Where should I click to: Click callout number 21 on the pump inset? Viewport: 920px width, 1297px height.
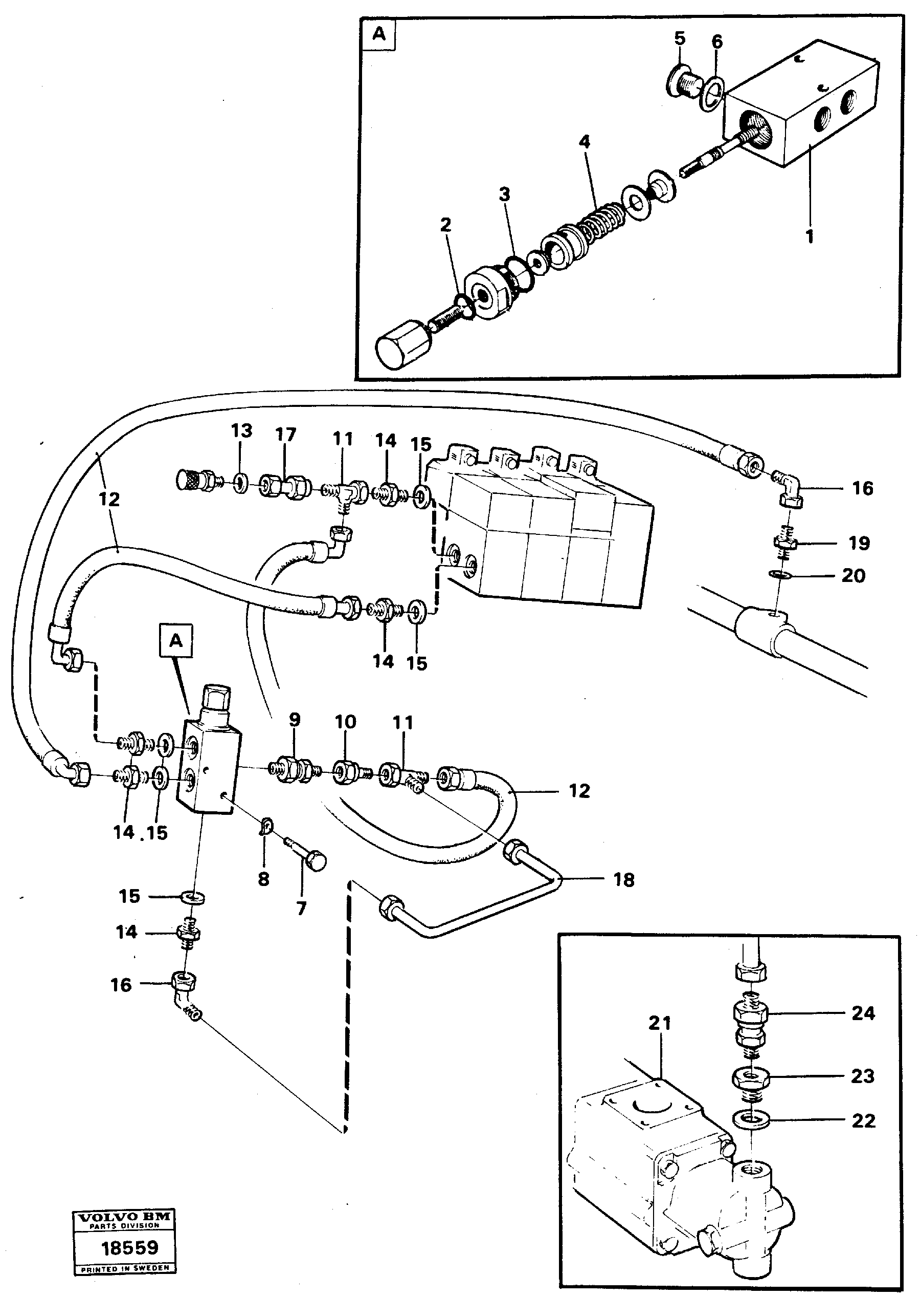pyautogui.click(x=659, y=1023)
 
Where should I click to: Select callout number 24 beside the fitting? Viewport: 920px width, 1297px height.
pyautogui.click(x=863, y=1013)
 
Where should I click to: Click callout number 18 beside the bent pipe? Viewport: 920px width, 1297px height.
pyautogui.click(x=624, y=880)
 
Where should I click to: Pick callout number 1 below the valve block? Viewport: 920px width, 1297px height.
pyautogui.click(x=810, y=236)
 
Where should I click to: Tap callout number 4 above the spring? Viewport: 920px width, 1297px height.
pyautogui.click(x=584, y=142)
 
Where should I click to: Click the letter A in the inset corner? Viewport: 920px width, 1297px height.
pyautogui.click(x=378, y=35)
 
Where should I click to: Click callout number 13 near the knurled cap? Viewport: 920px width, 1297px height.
pyautogui.click(x=241, y=431)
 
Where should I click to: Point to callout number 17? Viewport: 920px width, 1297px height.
pyautogui.click(x=285, y=435)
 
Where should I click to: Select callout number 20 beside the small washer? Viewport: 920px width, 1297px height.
pyautogui.click(x=853, y=576)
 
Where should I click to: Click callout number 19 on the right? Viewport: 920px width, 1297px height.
pyautogui.click(x=859, y=543)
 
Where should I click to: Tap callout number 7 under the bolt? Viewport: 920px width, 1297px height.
pyautogui.click(x=301, y=909)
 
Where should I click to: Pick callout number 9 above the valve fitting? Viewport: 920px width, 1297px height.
pyautogui.click(x=295, y=720)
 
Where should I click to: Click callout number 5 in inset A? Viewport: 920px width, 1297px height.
pyautogui.click(x=680, y=38)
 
